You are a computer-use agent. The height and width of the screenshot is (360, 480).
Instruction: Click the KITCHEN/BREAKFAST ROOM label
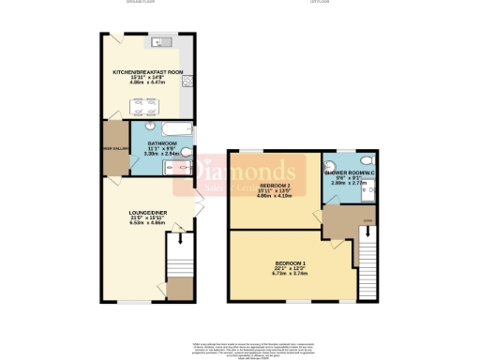pos(147,70)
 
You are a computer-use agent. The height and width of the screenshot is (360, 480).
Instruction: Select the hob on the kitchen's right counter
pos(188,81)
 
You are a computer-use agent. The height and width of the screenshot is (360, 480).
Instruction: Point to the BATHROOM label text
pos(161,142)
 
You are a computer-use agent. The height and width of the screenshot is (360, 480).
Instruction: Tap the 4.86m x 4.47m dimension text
pos(147,82)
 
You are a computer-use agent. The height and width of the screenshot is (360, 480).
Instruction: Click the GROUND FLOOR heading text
pos(148,3)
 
